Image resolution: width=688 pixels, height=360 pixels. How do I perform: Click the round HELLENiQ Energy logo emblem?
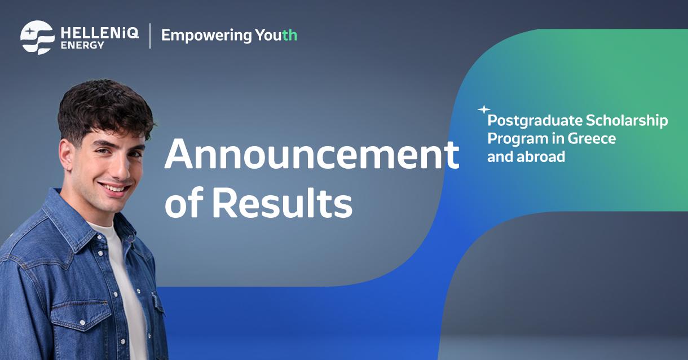pos(37,37)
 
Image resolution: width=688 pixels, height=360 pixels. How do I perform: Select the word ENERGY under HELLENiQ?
pos(82,45)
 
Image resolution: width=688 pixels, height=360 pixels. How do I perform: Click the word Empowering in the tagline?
pos(206,36)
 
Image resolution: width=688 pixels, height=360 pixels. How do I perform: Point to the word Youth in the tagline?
pos(276,35)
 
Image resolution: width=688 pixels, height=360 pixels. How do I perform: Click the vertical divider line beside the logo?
pos(150,36)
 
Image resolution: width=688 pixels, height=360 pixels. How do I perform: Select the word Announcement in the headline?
pos(311,155)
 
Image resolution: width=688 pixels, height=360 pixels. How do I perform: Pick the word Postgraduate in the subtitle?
pos(534,121)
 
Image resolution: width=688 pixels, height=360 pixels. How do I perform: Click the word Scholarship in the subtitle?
pos(627,121)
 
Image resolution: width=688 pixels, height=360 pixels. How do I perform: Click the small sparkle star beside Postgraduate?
pos(484,109)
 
